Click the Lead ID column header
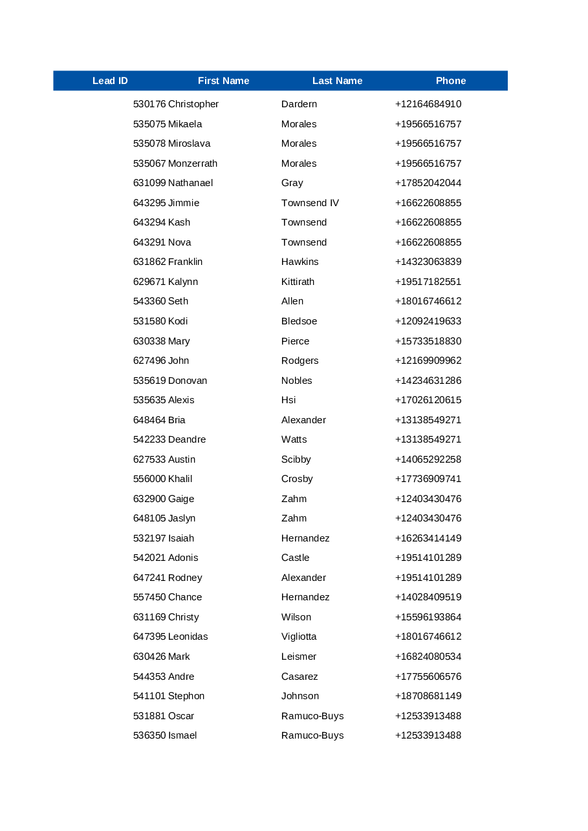(x=110, y=81)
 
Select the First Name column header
(x=223, y=81)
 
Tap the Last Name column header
(x=337, y=81)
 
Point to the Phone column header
(x=451, y=81)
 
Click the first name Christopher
(x=193, y=104)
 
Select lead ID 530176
(x=149, y=104)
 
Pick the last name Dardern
(x=299, y=104)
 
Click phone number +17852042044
(x=428, y=183)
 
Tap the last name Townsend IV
(x=310, y=203)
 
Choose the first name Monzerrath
(x=193, y=163)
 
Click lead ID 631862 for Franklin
(x=149, y=262)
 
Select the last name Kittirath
(x=298, y=282)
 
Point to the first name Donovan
(x=188, y=381)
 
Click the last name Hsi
(x=289, y=400)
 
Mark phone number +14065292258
(x=428, y=459)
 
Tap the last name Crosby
(x=297, y=479)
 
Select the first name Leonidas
(x=188, y=636)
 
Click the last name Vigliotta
(x=299, y=636)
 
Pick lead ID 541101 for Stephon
(x=149, y=696)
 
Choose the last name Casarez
(x=299, y=677)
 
